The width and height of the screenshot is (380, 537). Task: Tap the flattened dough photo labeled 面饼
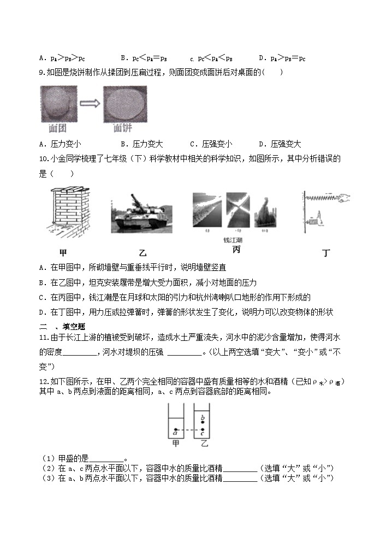[x=124, y=105]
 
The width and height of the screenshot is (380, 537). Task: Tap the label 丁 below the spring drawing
[x=326, y=252]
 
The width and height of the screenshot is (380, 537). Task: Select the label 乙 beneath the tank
[x=143, y=253]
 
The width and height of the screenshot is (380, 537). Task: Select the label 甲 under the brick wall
[x=63, y=253]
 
